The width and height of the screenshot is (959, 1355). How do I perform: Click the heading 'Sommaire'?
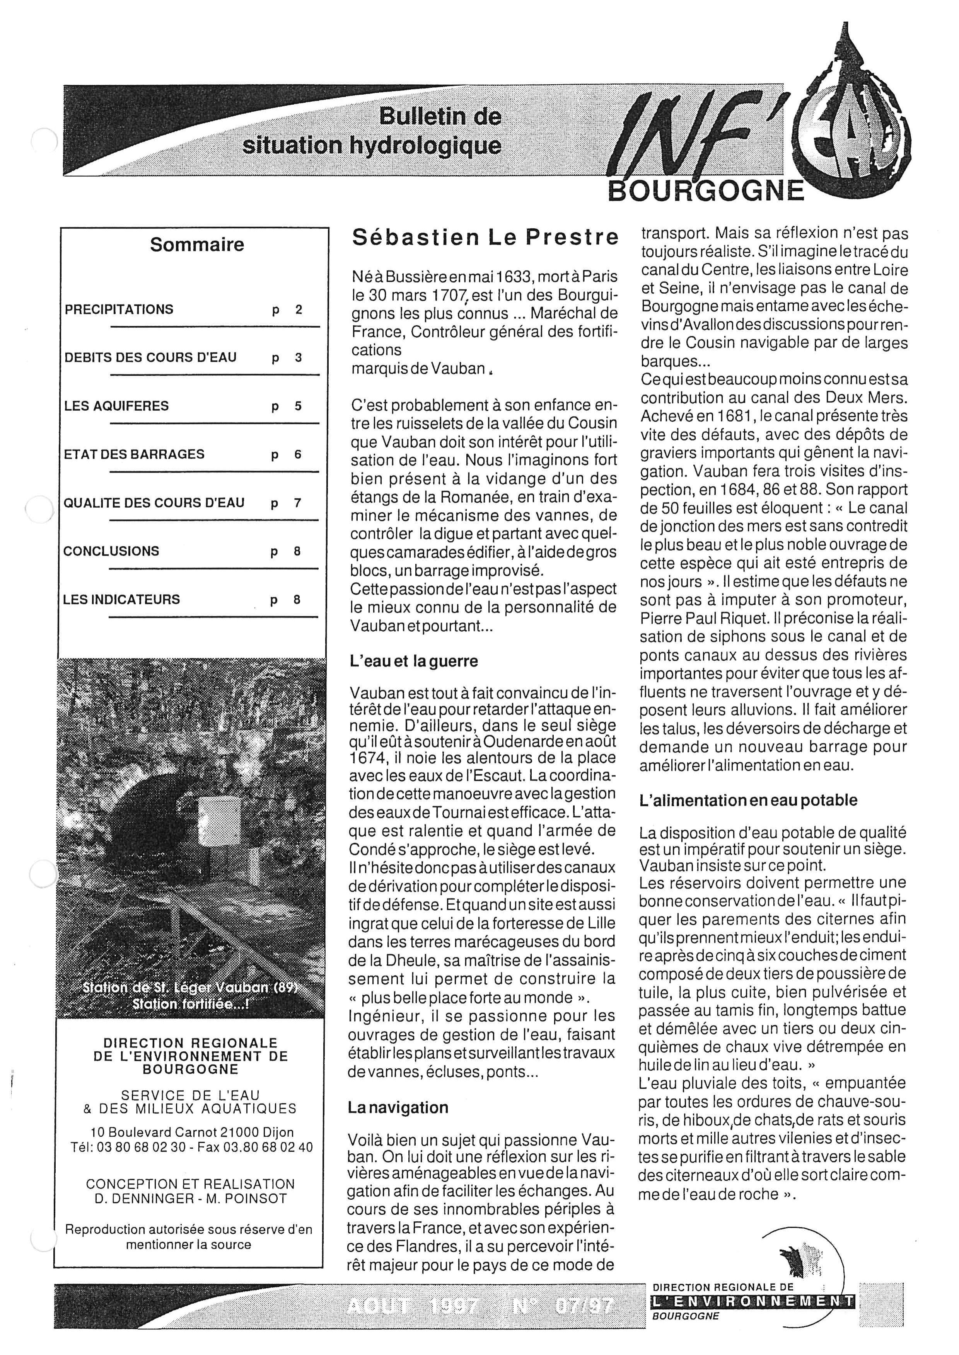tap(197, 244)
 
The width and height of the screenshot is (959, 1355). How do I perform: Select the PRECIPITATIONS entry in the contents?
tap(119, 309)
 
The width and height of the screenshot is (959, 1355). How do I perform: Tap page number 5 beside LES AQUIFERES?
tap(298, 406)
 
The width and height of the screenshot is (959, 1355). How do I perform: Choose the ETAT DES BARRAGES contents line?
tap(134, 454)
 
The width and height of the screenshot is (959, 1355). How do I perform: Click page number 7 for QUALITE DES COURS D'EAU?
tap(298, 503)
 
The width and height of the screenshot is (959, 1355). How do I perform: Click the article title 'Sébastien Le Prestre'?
tap(485, 237)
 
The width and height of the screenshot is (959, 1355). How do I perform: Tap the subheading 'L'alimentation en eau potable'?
tap(749, 800)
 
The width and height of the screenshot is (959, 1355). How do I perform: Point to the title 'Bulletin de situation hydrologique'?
tap(372, 131)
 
